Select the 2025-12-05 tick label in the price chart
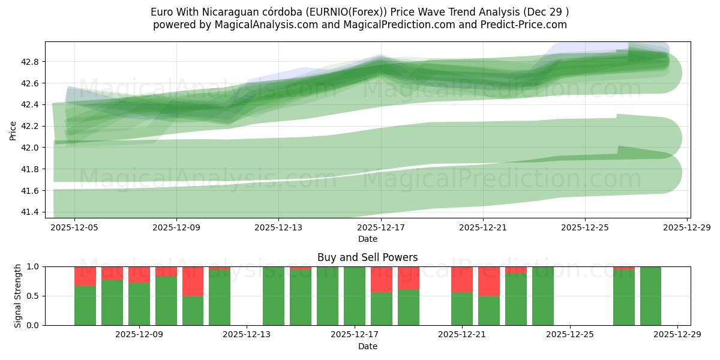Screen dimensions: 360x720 (74, 228)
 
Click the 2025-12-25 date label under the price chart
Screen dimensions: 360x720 (585, 228)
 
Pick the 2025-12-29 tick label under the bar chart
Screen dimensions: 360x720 (677, 335)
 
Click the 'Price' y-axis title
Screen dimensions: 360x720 (13, 130)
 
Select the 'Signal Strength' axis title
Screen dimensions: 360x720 (18, 296)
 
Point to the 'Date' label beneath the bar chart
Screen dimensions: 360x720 (367, 346)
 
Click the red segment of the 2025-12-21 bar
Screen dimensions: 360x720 (462, 279)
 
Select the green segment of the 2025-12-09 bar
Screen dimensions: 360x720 (139, 304)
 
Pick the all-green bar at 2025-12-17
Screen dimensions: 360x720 (355, 296)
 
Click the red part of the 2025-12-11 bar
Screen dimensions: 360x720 (193, 281)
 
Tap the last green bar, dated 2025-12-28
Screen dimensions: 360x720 (650, 296)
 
